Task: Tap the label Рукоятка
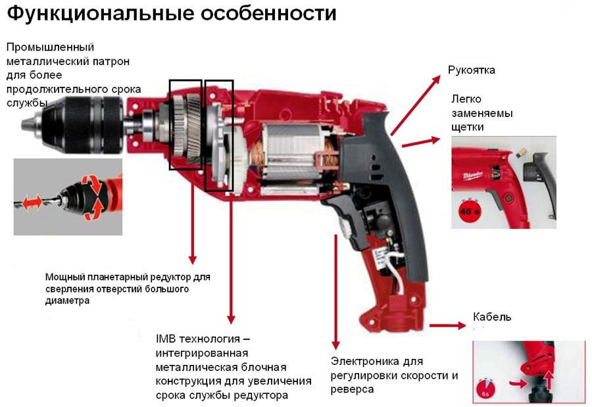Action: [471, 70]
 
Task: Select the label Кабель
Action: [492, 318]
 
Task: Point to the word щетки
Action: [468, 126]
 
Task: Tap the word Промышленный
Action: [50, 47]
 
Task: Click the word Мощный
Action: [64, 277]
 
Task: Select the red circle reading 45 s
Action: [467, 211]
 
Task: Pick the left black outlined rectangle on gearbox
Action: [185, 124]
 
